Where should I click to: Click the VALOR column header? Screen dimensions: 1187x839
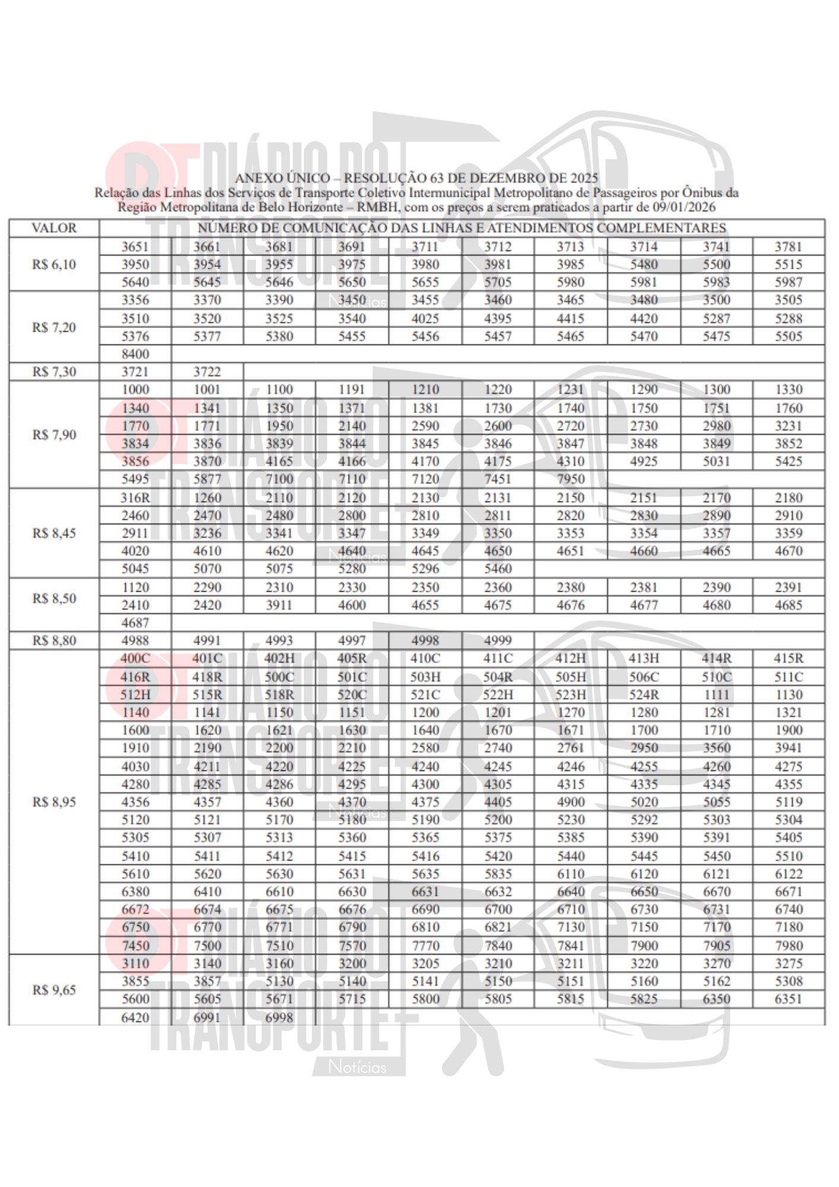(x=54, y=228)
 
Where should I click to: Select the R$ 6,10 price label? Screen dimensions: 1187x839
(x=54, y=265)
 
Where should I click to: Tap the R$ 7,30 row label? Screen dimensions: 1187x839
(x=54, y=372)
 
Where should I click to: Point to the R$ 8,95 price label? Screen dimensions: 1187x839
(x=54, y=802)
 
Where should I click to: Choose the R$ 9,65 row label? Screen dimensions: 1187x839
(x=54, y=990)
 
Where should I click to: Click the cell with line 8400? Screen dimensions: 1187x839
(x=135, y=354)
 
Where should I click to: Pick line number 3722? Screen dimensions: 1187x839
(x=207, y=372)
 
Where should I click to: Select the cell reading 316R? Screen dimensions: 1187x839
(x=135, y=498)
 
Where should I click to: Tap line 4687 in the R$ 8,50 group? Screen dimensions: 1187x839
(x=135, y=623)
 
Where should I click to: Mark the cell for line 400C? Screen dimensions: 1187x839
(x=135, y=658)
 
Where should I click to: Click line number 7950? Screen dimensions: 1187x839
(x=571, y=479)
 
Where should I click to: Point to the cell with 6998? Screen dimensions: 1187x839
(x=279, y=1017)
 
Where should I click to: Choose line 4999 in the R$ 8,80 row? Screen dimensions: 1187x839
(x=498, y=640)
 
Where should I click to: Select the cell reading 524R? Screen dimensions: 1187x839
(x=644, y=694)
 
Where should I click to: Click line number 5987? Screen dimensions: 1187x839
(x=789, y=283)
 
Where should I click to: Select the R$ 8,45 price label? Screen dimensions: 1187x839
(x=54, y=533)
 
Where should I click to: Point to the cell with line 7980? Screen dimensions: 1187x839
(x=789, y=945)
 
